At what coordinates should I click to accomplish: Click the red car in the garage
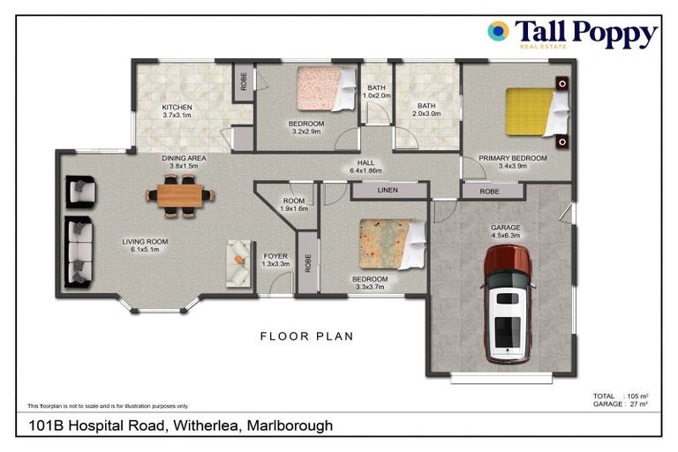click(x=508, y=304)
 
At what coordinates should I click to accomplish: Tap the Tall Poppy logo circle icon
click(x=498, y=32)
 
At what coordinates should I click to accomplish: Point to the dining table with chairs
click(x=179, y=194)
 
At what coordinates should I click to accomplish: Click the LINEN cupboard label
click(x=387, y=190)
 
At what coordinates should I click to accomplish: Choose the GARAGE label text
click(x=505, y=228)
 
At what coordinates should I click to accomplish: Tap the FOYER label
click(x=275, y=256)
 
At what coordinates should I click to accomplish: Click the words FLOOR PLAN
click(x=306, y=336)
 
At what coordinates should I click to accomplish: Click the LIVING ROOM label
click(x=145, y=242)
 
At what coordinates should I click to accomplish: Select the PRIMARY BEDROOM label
click(x=512, y=159)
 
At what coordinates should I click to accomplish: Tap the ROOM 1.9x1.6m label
click(x=293, y=204)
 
